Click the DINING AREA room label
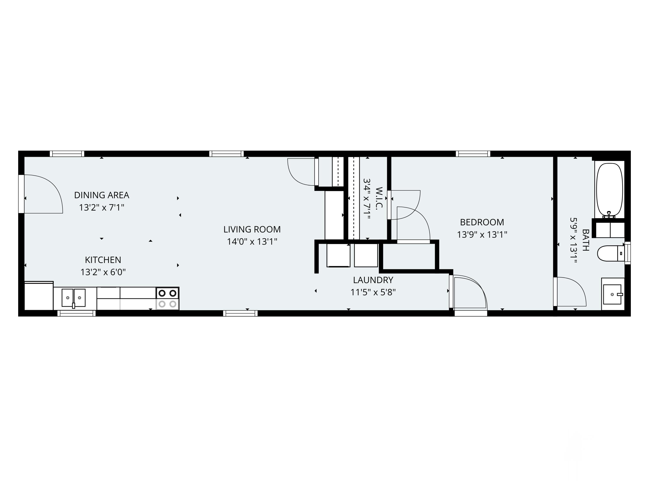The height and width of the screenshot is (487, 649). coord(101,195)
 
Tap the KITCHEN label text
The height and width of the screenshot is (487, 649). coord(103,260)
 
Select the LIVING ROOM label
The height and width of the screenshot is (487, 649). coord(252,229)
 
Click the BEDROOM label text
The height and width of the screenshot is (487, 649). coord(482,222)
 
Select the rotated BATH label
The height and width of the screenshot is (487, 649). coord(585,240)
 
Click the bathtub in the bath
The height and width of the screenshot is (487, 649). coord(609,190)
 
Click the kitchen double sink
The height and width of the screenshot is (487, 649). coord(73,298)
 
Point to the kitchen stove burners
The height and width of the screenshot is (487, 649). coord(167,298)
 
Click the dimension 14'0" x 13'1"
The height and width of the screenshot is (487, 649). coord(252,242)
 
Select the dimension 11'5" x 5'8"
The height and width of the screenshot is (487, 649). coord(373,292)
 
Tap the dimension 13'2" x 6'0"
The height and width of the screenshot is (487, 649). coord(103,272)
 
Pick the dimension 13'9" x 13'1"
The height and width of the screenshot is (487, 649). coord(482,235)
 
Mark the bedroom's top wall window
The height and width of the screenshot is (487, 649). coord(473,153)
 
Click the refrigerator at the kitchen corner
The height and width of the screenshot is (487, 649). coord(39,296)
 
